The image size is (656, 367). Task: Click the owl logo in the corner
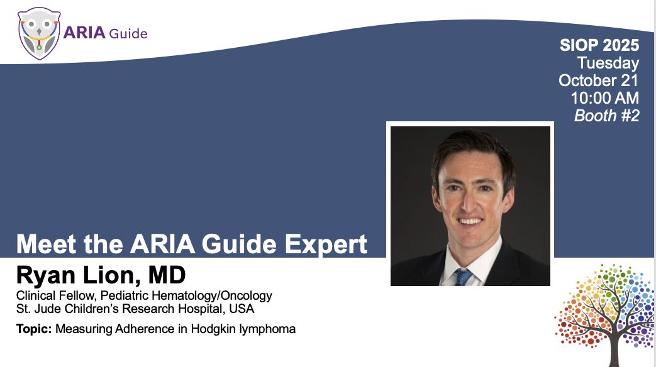(39, 33)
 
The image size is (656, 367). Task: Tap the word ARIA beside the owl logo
(84, 33)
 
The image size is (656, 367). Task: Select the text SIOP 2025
(599, 45)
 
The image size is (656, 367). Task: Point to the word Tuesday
(608, 63)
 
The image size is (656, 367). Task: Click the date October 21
(598, 80)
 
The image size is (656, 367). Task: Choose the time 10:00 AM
(605, 98)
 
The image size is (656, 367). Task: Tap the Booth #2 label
(607, 116)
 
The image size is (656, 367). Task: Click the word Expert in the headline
(326, 244)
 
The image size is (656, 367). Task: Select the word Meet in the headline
(47, 244)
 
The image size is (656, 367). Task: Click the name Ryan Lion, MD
(101, 275)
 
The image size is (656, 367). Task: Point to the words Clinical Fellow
(55, 295)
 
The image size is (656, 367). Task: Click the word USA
(242, 309)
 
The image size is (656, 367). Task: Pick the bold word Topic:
(34, 329)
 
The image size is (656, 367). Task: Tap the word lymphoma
(267, 329)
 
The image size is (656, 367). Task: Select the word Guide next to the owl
(128, 33)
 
